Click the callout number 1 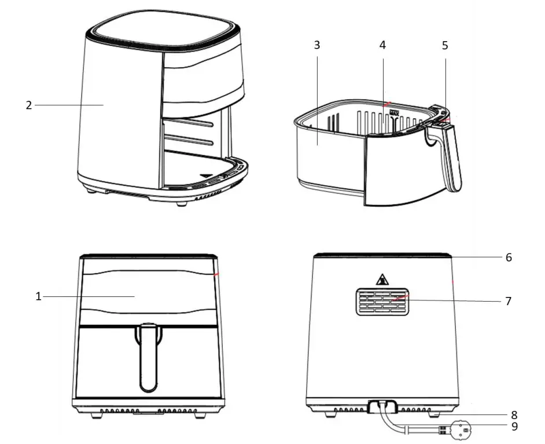pyautogui.click(x=38, y=296)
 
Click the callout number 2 pyautogui.click(x=28, y=105)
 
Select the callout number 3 pyautogui.click(x=316, y=46)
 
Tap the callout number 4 pyautogui.click(x=382, y=46)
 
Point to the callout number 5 pyautogui.click(x=444, y=46)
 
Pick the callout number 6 pyautogui.click(x=509, y=257)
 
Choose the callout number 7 pyautogui.click(x=509, y=301)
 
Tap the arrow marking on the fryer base pyautogui.click(x=207, y=174)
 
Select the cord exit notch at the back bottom pyautogui.click(x=382, y=407)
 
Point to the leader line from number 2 pyautogui.click(x=69, y=105)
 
